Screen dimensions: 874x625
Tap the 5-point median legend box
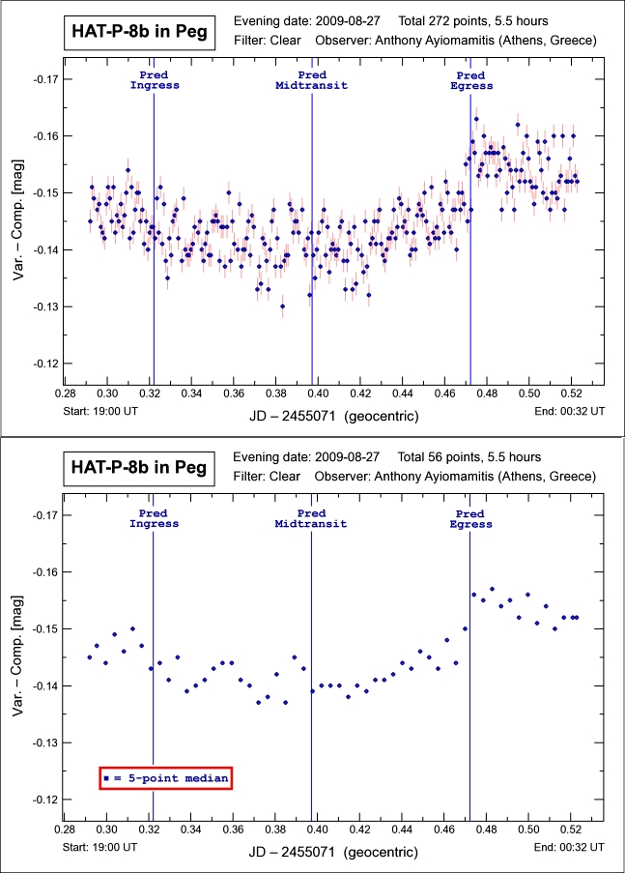(x=166, y=777)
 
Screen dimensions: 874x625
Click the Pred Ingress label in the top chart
(x=155, y=80)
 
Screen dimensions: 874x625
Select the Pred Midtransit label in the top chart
(x=312, y=80)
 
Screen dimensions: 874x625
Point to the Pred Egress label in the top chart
(x=471, y=80)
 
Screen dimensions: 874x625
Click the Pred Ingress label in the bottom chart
(x=155, y=517)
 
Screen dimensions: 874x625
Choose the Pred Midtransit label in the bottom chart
(x=312, y=517)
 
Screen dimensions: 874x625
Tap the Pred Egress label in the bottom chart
(x=471, y=517)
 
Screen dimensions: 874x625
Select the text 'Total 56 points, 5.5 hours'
(x=467, y=456)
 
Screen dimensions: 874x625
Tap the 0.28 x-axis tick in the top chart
(x=65, y=393)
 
